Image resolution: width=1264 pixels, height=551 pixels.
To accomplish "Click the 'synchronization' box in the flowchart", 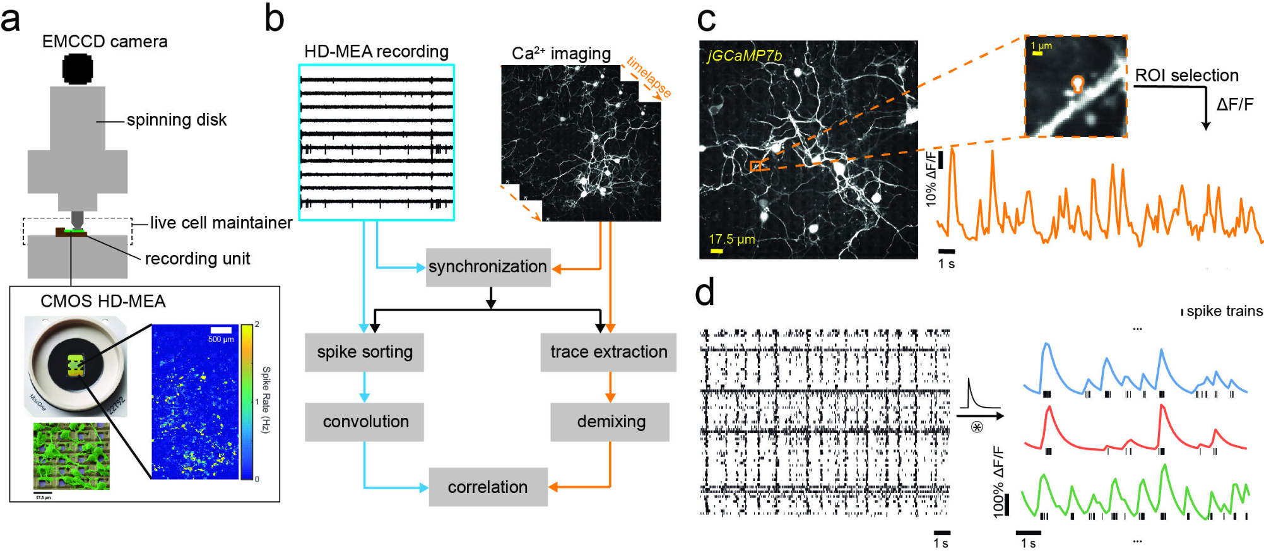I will tap(488, 267).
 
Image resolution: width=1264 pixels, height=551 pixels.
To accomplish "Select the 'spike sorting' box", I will tap(364, 352).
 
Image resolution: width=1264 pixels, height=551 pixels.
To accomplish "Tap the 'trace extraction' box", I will tap(608, 352).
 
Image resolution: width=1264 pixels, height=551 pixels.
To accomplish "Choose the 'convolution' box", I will tap(365, 422).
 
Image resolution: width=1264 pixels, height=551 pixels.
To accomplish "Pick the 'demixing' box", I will tap(610, 422).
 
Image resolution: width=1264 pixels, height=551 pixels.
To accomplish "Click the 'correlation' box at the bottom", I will tap(488, 487).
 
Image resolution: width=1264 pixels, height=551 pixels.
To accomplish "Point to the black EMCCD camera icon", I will tap(78, 69).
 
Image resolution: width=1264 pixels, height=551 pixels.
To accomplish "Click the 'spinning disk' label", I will tap(176, 120).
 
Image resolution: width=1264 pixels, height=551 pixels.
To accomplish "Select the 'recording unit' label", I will tap(197, 259).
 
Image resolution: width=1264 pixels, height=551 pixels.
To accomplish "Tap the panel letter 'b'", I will tap(274, 20).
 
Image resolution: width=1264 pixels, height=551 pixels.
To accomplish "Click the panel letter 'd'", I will tap(705, 293).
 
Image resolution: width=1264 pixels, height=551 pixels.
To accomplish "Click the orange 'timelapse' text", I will tap(649, 77).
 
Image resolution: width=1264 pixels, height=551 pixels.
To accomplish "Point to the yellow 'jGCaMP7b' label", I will tap(744, 56).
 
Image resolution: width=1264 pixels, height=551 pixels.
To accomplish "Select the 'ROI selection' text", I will tap(1186, 76).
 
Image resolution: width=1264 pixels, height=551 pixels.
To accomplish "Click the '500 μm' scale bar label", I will tap(220, 340).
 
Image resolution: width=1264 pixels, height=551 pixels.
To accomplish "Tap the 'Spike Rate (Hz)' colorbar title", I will tap(266, 400).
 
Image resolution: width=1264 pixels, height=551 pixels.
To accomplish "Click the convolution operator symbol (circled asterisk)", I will tap(977, 428).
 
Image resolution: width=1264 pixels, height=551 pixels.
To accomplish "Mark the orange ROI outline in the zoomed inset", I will tap(1077, 83).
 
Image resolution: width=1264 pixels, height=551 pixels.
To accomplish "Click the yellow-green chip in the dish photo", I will tap(76, 365).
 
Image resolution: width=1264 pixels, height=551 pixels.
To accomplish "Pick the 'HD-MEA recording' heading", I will tap(376, 52).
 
